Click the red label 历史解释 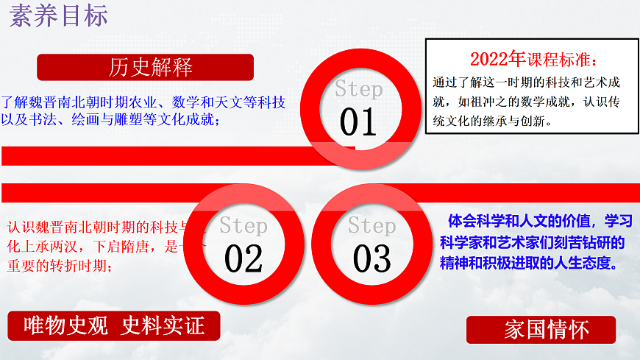pos(150,68)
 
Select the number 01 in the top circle pos(358,122)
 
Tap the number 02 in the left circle pos(243,258)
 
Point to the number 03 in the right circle pos(371,258)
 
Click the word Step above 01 pos(359,90)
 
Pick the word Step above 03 pos(371,225)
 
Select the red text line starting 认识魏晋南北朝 pos(103,227)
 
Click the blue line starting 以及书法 pos(110,120)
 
